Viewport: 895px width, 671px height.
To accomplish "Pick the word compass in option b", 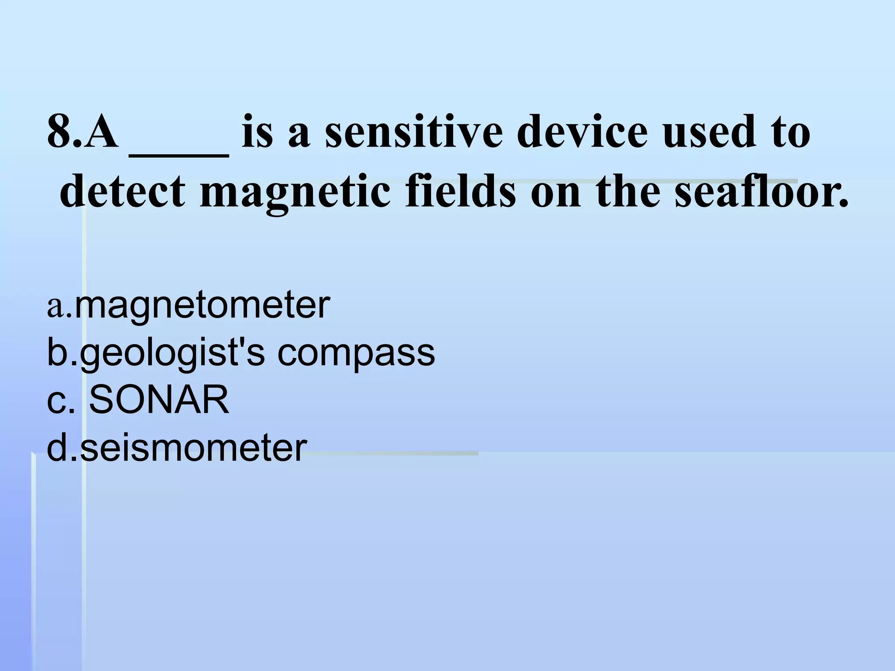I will pos(356,353).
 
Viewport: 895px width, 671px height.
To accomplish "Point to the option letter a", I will pos(56,307).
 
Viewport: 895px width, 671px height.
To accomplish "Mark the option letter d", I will pos(56,447).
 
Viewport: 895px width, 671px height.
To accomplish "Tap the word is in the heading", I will pos(257,131).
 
